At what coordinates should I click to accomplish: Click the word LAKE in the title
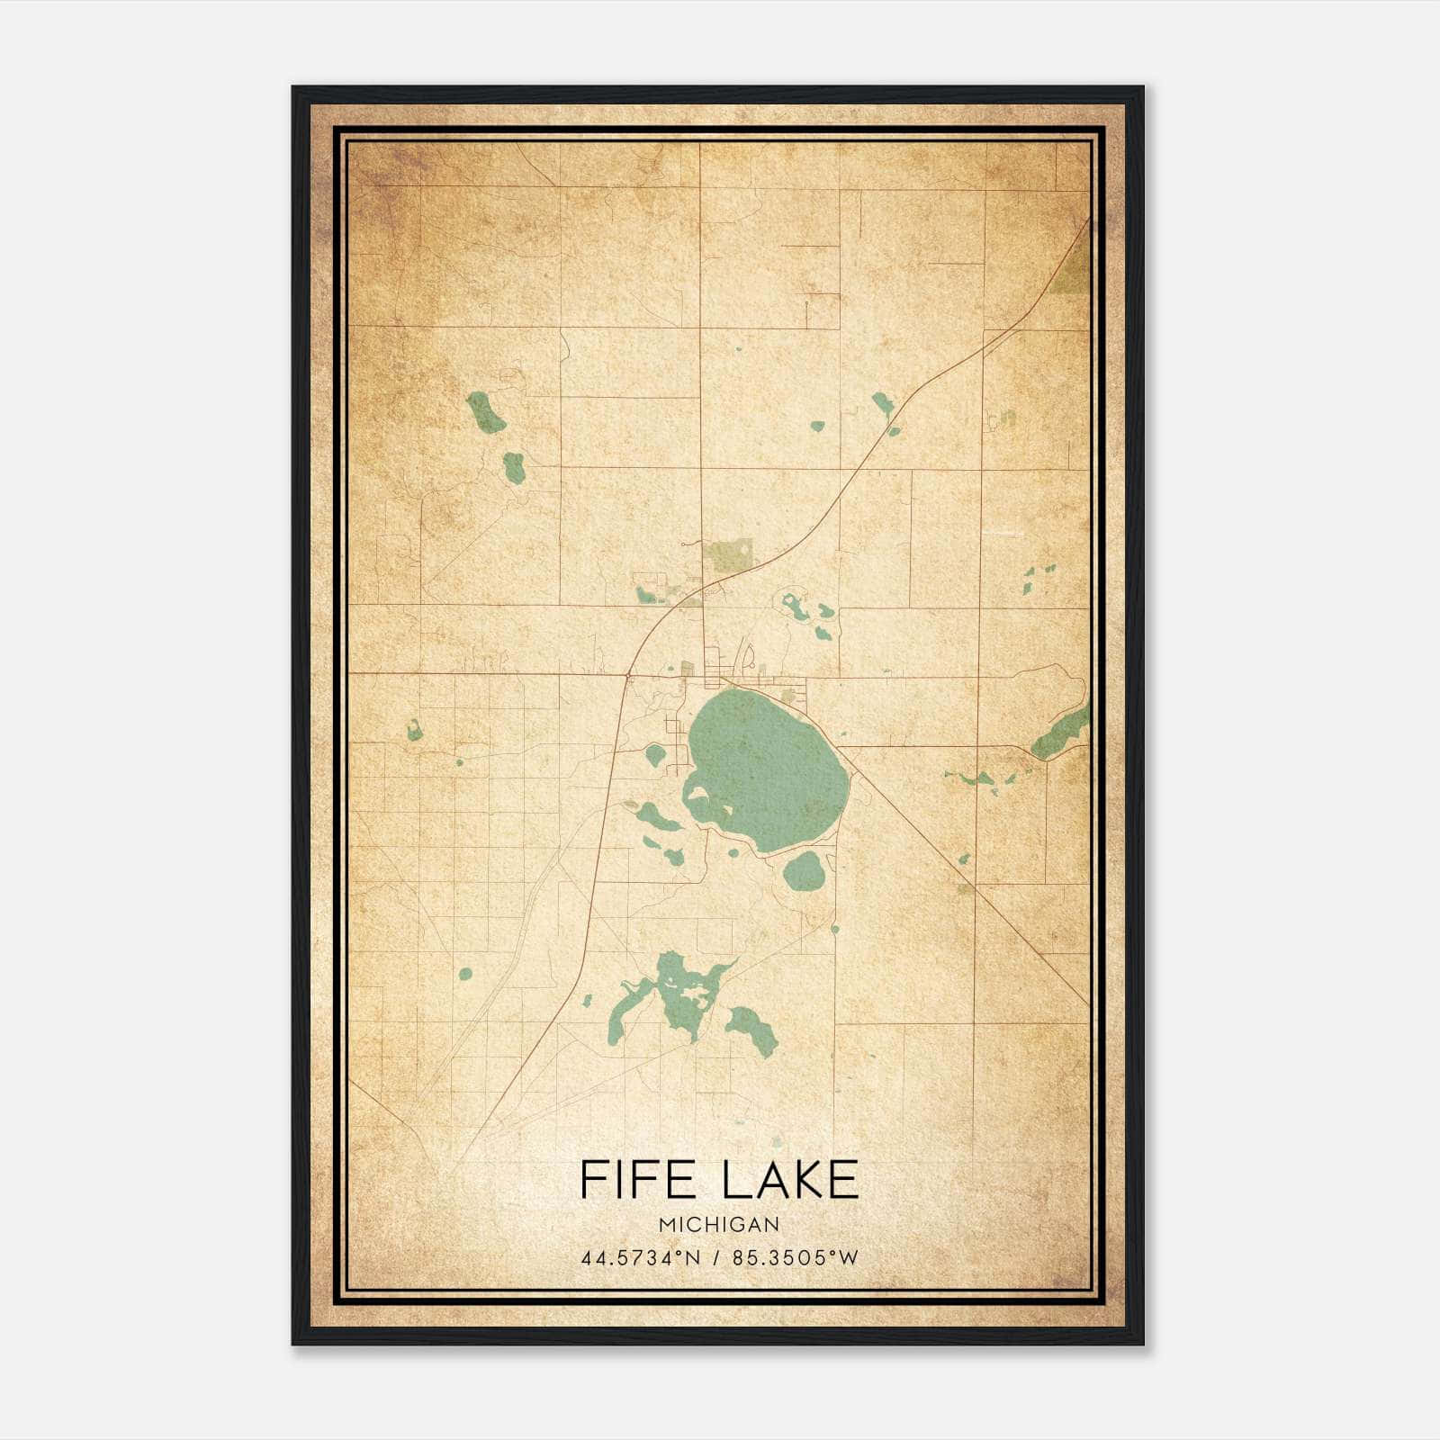pyautogui.click(x=792, y=1180)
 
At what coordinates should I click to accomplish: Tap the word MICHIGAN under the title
pyautogui.click(x=718, y=1225)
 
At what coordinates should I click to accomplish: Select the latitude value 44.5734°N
pyautogui.click(x=640, y=1258)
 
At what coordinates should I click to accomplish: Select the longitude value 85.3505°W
pyautogui.click(x=796, y=1258)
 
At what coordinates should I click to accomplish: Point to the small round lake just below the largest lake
pyautogui.click(x=803, y=870)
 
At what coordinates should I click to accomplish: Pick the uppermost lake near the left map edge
pyautogui.click(x=485, y=412)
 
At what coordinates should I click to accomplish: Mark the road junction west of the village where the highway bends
pyautogui.click(x=627, y=674)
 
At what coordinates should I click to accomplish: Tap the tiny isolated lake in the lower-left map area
pyautogui.click(x=465, y=974)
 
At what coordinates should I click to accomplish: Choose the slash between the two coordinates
pyautogui.click(x=716, y=1258)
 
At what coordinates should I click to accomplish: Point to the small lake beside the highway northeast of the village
pyautogui.click(x=882, y=405)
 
